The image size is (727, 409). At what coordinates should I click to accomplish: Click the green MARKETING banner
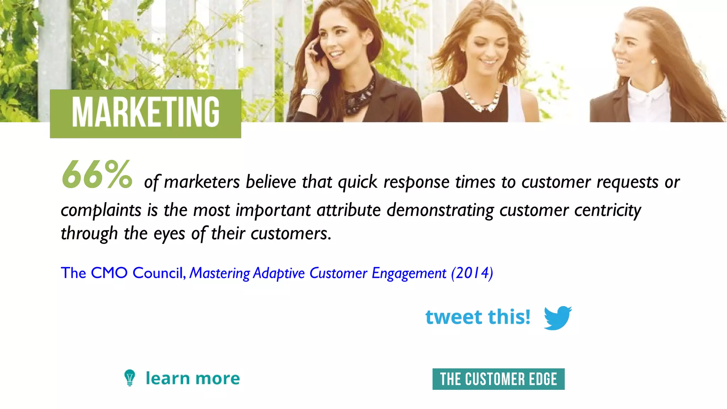pyautogui.click(x=145, y=114)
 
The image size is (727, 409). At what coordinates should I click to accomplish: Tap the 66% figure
pyautogui.click(x=97, y=175)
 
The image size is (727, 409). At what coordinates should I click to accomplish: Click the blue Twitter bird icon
pyautogui.click(x=558, y=317)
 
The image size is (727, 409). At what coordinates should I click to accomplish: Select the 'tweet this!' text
pyautogui.click(x=478, y=317)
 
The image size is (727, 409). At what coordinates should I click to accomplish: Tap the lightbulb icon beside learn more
pyautogui.click(x=130, y=378)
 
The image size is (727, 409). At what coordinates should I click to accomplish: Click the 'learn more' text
pyautogui.click(x=193, y=378)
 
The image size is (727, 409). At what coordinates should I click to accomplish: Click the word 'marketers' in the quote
pyautogui.click(x=202, y=182)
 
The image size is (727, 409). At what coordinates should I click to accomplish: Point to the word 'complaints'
pyautogui.click(x=101, y=210)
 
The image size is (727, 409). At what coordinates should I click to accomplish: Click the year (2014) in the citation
pyautogui.click(x=472, y=273)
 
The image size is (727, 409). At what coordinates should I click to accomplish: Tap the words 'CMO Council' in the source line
pyautogui.click(x=137, y=273)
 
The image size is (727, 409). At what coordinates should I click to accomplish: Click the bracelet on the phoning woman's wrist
pyautogui.click(x=311, y=94)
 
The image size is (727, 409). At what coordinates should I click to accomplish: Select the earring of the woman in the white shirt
pyautogui.click(x=654, y=61)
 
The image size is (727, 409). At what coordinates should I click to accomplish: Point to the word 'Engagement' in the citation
pyautogui.click(x=409, y=273)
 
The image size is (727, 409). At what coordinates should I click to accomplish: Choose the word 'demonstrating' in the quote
pyautogui.click(x=440, y=210)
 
